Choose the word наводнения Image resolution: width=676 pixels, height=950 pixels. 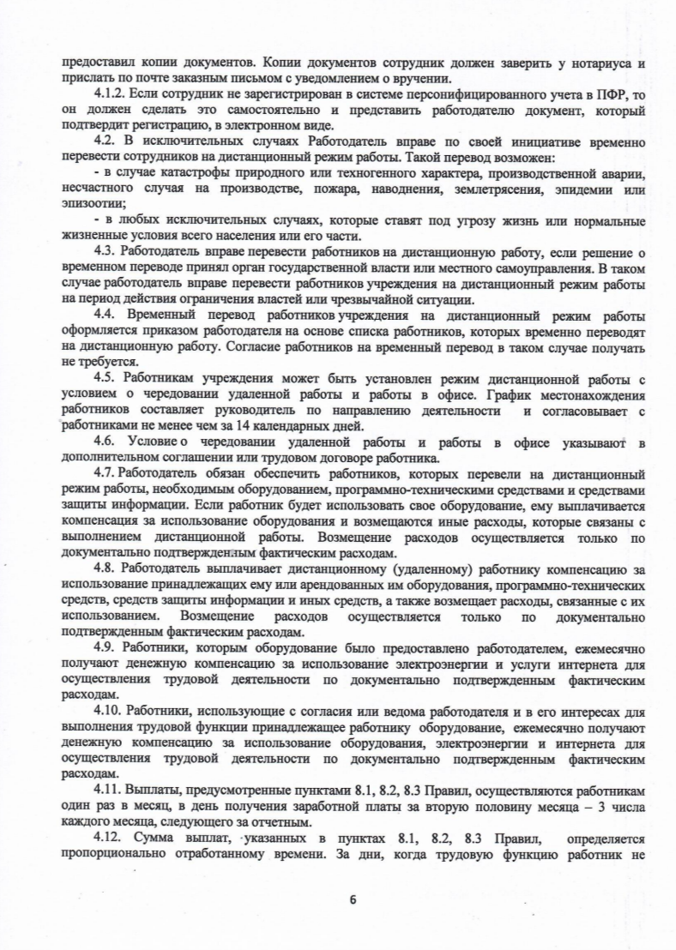point(371,189)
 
